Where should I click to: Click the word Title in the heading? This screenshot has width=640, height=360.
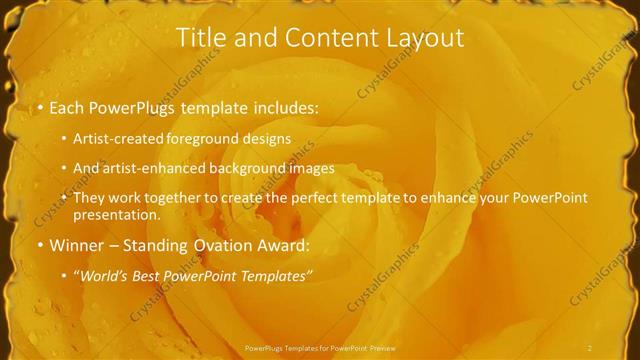[199, 38]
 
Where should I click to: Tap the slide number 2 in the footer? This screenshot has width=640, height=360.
[590, 347]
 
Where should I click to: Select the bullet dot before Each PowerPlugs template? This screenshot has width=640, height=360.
[39, 107]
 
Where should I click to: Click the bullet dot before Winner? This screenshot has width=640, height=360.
[39, 245]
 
